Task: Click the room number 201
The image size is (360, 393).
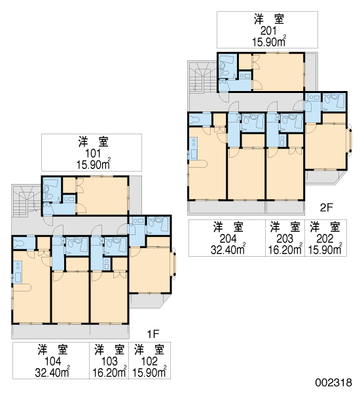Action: tap(268, 31)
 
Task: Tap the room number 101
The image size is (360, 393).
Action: tap(93, 153)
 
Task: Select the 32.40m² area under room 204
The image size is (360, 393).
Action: tap(228, 249)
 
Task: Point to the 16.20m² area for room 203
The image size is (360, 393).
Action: tap(285, 249)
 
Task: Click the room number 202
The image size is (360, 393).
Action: tap(325, 238)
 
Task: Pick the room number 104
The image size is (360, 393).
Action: tap(52, 361)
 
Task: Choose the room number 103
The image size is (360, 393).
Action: tap(109, 361)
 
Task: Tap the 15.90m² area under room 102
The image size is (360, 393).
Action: tap(149, 372)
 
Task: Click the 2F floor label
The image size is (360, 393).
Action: tap(327, 208)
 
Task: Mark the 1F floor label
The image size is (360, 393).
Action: tap(153, 334)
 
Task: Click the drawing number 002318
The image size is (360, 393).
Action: tap(333, 383)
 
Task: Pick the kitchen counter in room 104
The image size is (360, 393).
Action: tap(18, 272)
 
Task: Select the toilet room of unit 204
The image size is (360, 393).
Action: tap(200, 120)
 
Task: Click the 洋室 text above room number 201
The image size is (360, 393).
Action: tap(268, 19)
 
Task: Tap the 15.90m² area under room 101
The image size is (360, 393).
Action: tap(93, 164)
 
